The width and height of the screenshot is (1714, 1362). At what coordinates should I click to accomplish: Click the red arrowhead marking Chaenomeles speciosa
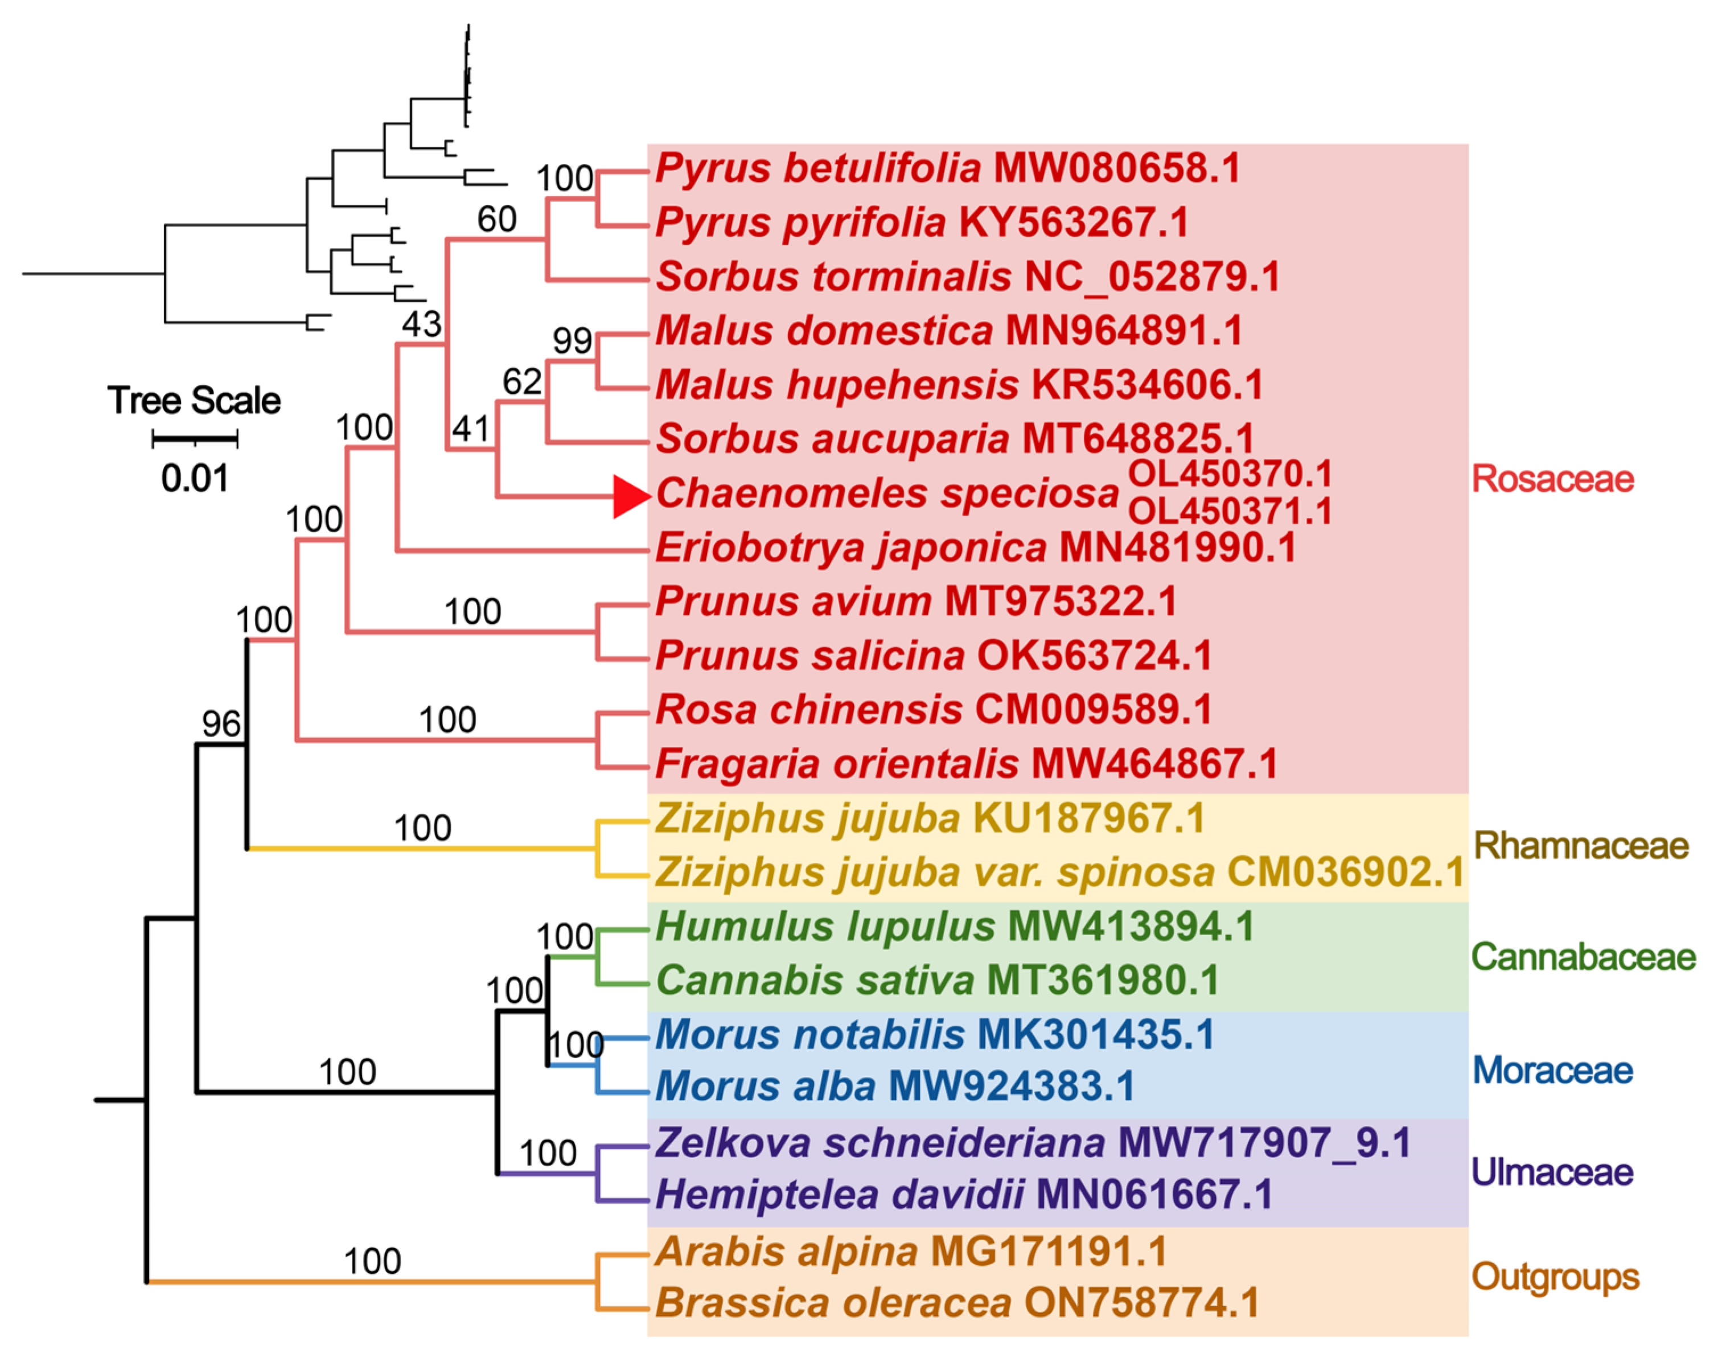(x=630, y=497)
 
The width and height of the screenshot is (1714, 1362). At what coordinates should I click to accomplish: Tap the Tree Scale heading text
(x=194, y=400)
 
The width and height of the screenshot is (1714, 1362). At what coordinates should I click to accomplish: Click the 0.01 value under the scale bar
(x=195, y=478)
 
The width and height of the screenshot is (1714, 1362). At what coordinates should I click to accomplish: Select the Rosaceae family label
(x=1552, y=479)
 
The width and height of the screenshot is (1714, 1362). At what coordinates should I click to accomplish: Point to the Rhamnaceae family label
(x=1580, y=845)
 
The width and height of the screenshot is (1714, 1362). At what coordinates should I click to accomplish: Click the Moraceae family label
(x=1552, y=1070)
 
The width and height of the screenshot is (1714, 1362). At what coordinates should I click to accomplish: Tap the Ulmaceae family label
(x=1552, y=1172)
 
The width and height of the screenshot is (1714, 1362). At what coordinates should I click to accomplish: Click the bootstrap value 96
(x=221, y=723)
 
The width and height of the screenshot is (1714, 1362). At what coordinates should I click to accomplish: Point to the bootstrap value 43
(x=421, y=324)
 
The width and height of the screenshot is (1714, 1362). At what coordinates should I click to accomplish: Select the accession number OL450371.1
(x=1230, y=511)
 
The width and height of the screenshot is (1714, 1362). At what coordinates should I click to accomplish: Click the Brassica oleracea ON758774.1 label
(x=957, y=1302)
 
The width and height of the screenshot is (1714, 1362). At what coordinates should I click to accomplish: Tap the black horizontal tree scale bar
(x=195, y=437)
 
